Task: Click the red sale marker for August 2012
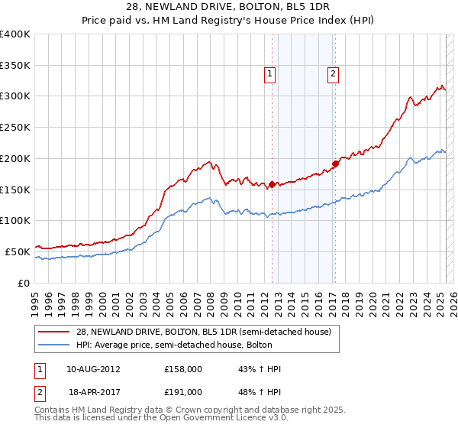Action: tap(273, 184)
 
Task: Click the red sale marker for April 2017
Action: tap(335, 164)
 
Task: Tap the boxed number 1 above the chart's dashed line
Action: tap(270, 74)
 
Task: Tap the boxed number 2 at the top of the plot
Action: tap(334, 74)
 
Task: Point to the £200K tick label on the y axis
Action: tap(15, 158)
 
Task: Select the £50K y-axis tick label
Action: tap(18, 251)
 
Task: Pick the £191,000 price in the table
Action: tap(183, 391)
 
